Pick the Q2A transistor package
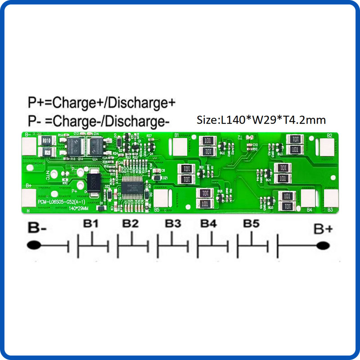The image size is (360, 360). coord(96,146)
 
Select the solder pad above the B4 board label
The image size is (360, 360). coord(309,198)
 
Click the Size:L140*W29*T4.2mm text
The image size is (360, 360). coord(261,120)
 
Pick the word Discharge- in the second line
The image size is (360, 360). coord(139,121)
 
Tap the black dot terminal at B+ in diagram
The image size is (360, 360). coord(322,246)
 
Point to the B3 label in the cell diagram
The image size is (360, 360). coord(172,224)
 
